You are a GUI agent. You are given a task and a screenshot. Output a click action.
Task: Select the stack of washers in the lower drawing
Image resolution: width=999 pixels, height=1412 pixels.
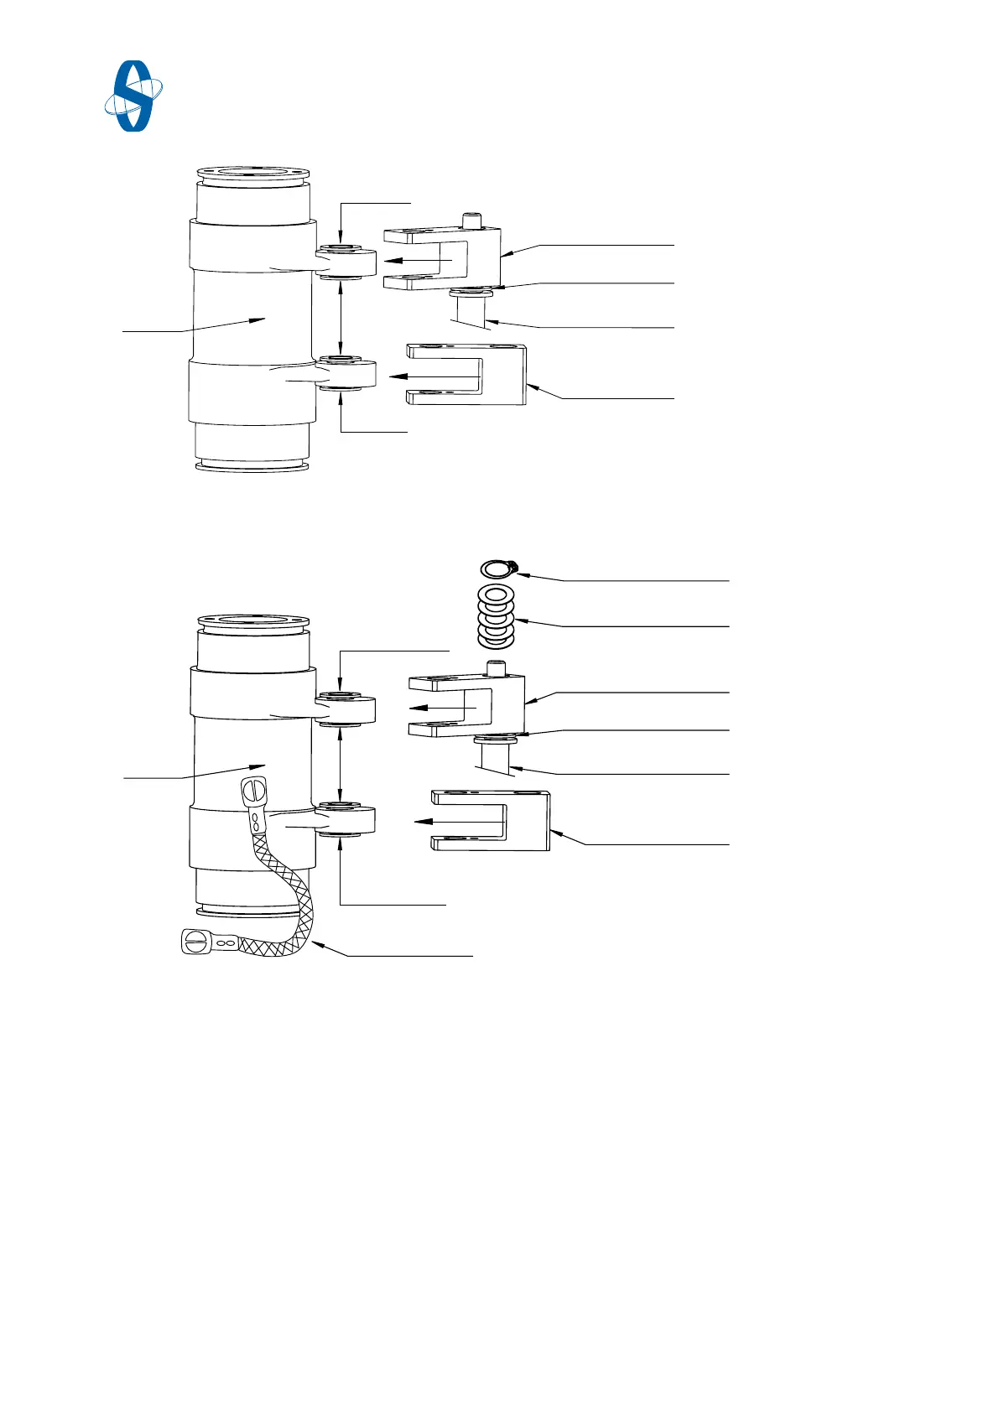[x=496, y=617]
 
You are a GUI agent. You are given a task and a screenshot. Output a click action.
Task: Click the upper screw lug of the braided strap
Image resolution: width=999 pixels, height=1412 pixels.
[x=253, y=791]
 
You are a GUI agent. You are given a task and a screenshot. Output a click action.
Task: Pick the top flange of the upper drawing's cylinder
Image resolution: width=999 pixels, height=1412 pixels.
[x=252, y=174]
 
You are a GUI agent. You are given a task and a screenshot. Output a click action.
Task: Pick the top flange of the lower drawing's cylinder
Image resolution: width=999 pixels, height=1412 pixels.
[x=252, y=622]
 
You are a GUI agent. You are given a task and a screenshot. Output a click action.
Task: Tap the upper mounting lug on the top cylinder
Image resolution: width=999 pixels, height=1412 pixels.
[x=346, y=262]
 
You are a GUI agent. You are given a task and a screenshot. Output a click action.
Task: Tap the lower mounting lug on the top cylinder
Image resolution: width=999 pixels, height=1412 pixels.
[x=346, y=374]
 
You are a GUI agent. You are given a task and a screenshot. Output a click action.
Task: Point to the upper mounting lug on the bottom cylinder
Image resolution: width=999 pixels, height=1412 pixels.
[x=346, y=710]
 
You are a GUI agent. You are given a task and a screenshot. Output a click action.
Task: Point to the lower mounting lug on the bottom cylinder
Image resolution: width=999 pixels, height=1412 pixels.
[x=346, y=821]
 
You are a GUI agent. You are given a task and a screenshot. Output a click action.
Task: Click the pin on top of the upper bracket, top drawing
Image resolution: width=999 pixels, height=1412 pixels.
[x=473, y=221]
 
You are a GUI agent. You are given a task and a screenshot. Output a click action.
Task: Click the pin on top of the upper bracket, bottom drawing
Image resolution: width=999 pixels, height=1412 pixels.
[x=497, y=668]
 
